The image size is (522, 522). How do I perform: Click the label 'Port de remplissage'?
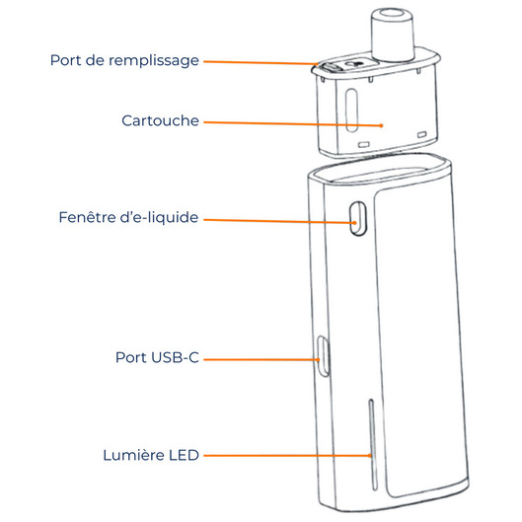click(124, 61)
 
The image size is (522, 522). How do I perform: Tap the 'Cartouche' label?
click(160, 120)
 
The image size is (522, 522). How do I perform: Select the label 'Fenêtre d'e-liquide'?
click(128, 217)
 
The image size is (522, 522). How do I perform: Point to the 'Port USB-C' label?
click(157, 357)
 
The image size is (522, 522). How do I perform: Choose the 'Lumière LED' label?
click(151, 455)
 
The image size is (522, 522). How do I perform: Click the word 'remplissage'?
click(154, 61)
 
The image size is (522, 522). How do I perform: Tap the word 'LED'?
click(184, 455)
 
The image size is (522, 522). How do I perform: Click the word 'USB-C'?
click(175, 357)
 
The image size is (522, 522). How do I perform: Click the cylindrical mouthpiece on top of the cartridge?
click(393, 35)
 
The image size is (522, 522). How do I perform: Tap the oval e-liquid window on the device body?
click(358, 218)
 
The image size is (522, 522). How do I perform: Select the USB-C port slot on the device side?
click(323, 356)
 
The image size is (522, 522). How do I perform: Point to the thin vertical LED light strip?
click(373, 445)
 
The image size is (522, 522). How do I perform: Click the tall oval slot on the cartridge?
click(352, 110)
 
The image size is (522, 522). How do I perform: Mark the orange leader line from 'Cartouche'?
click(293, 124)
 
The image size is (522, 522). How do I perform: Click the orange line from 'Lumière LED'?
click(287, 456)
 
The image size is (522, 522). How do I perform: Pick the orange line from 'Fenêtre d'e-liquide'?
click(280, 221)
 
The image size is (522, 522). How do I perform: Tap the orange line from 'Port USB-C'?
click(261, 359)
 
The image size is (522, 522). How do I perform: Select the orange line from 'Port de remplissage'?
click(261, 62)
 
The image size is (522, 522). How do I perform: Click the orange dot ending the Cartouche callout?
click(382, 125)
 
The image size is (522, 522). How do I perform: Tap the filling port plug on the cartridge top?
click(330, 68)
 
